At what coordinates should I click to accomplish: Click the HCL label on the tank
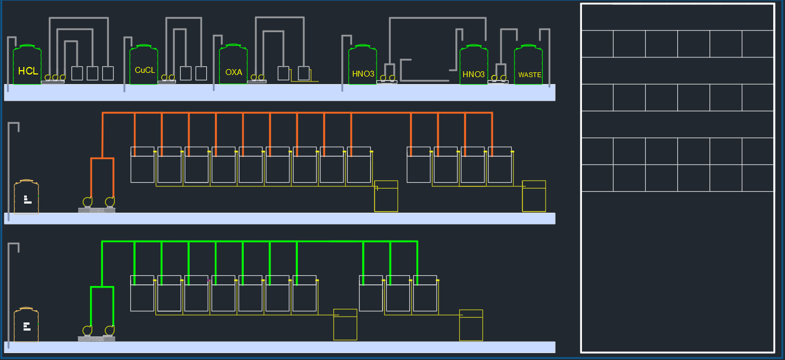[x=28, y=71]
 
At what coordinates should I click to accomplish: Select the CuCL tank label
[x=145, y=70]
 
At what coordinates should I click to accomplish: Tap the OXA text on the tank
[x=234, y=72]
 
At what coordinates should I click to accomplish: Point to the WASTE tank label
[x=530, y=74]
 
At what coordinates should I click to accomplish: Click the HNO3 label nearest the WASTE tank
[x=474, y=74]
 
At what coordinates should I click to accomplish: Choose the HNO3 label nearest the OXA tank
[x=363, y=74]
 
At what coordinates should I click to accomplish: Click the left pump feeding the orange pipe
[x=87, y=202]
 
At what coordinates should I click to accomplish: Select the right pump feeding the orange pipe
[x=110, y=202]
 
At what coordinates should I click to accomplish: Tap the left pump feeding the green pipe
[x=87, y=331]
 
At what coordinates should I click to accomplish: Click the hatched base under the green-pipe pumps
[x=96, y=339]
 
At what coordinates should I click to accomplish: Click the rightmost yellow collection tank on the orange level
[x=534, y=196]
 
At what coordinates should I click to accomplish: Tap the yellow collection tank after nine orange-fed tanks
[x=386, y=196]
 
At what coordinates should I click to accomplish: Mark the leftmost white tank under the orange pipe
[x=143, y=165]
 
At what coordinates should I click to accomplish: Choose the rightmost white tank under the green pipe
[x=425, y=294]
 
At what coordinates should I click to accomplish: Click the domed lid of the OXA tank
[x=233, y=47]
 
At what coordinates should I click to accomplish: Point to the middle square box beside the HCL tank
[x=93, y=73]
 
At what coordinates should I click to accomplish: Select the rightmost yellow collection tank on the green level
[x=471, y=325]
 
